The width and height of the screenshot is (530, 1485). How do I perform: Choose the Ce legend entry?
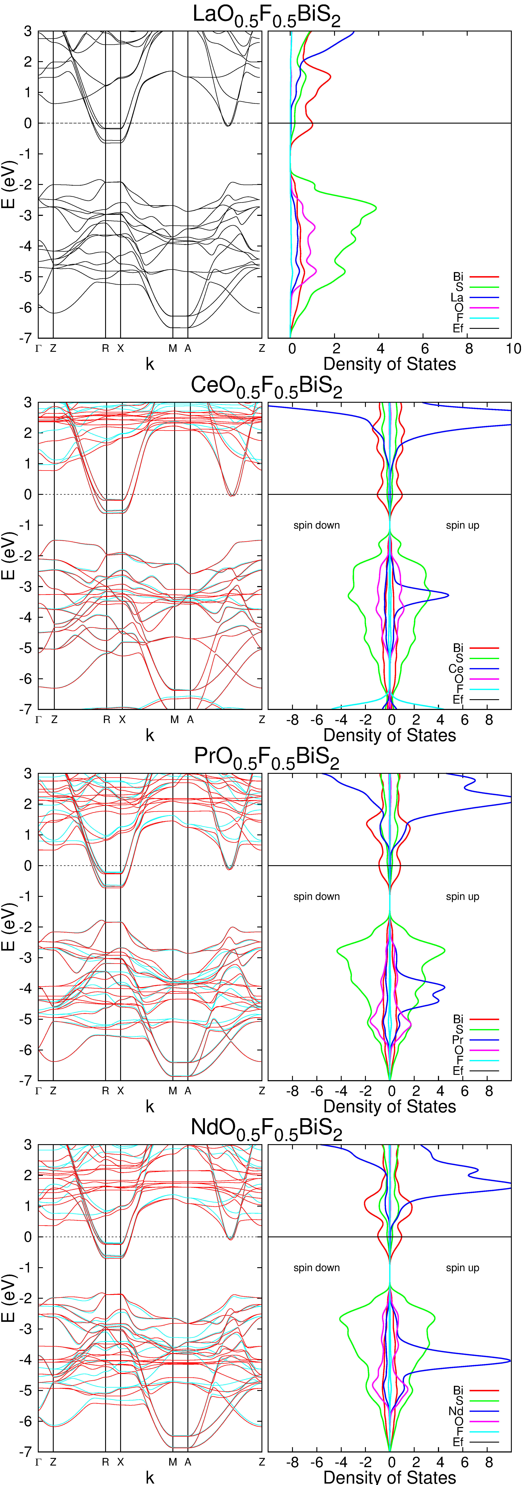point(456,669)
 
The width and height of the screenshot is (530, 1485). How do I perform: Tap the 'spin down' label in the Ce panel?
point(316,525)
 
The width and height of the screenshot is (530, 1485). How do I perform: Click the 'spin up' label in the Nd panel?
point(462,1268)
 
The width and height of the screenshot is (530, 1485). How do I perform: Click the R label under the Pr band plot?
point(105,1091)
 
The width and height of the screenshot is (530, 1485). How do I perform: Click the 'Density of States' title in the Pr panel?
point(389,1106)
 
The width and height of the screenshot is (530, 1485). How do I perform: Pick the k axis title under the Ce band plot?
point(150,735)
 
